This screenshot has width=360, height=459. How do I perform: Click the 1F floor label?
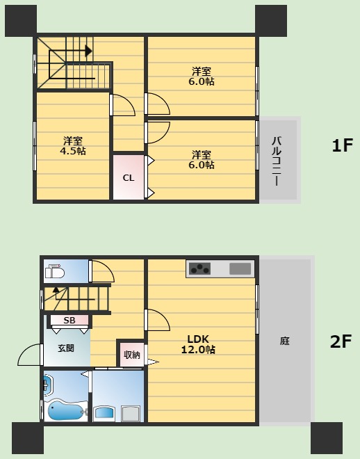click(x=342, y=145)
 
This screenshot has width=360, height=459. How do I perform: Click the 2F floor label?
click(x=341, y=341)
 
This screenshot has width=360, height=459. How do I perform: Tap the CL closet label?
click(x=129, y=178)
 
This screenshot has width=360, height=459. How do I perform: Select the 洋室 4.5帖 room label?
click(x=73, y=146)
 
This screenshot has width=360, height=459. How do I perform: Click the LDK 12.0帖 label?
click(x=198, y=344)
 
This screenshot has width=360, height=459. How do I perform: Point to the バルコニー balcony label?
click(x=277, y=161)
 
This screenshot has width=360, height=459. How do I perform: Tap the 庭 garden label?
click(x=284, y=341)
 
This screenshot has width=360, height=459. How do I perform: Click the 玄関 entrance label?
click(x=66, y=348)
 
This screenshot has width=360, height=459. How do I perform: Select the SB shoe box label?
click(x=69, y=320)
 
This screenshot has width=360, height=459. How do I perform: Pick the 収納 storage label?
click(x=132, y=355)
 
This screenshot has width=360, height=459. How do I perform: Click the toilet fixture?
click(x=55, y=272)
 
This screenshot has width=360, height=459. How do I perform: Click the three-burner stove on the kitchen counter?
click(x=199, y=268)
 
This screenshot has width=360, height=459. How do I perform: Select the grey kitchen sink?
click(x=240, y=268)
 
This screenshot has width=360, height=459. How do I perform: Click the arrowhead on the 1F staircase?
click(x=88, y=51)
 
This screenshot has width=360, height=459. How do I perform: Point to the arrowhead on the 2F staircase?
click(x=56, y=290)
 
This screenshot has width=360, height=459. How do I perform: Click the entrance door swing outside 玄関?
click(x=29, y=355)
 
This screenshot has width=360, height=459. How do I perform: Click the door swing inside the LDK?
click(x=158, y=320)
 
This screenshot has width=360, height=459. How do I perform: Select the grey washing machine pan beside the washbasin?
click(x=131, y=414)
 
